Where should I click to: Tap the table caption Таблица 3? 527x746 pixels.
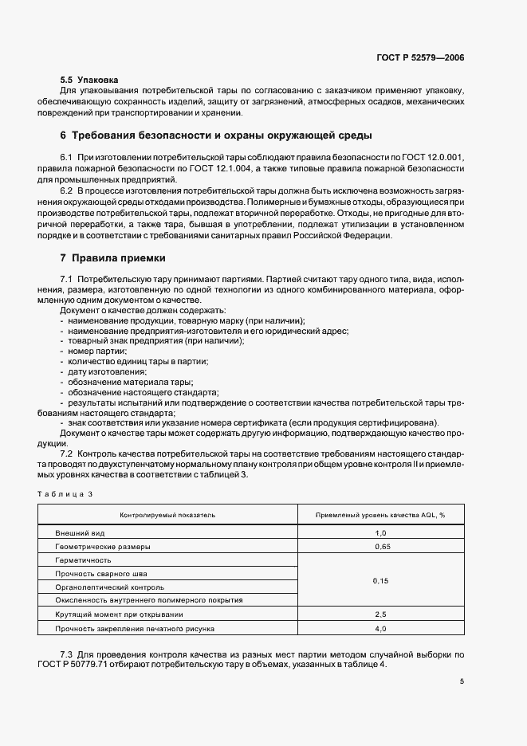click(x=65, y=494)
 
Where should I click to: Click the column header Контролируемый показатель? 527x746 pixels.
click(x=167, y=516)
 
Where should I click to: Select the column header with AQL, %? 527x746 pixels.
click(x=380, y=516)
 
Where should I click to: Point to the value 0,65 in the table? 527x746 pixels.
click(x=380, y=547)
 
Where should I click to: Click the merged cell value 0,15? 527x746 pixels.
click(x=380, y=581)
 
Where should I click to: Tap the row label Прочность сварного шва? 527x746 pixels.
click(x=100, y=573)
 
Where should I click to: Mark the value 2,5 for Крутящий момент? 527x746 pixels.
click(x=380, y=614)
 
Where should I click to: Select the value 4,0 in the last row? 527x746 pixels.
click(x=380, y=629)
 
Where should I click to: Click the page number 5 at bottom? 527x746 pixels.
click(x=462, y=681)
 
